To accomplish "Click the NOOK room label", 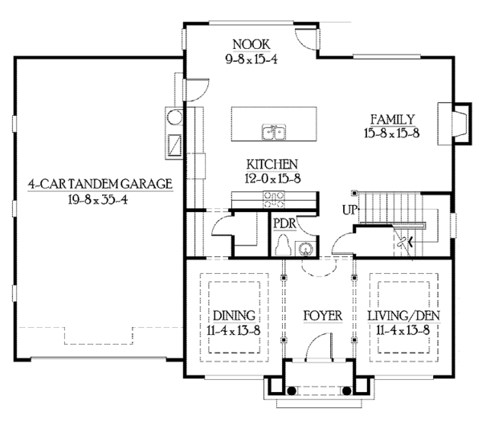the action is click(251, 44).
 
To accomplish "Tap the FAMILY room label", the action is click(393, 120).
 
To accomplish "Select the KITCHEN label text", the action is click(272, 165).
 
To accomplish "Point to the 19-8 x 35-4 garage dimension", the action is click(98, 200).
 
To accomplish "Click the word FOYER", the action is click(323, 316).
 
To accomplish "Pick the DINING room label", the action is click(235, 316).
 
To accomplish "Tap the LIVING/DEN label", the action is click(404, 316).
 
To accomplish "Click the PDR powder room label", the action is click(284, 223).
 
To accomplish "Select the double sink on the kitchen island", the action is click(274, 132).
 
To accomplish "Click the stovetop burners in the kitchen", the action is click(274, 199).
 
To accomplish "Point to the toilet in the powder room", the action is click(283, 245).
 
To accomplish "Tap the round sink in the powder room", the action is click(305, 248).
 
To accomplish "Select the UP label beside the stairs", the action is click(349, 210).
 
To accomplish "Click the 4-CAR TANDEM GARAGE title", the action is click(100, 184).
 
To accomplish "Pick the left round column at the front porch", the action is click(292, 390).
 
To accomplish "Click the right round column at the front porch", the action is click(347, 390).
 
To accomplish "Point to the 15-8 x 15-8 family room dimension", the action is click(392, 133).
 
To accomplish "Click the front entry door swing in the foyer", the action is click(320, 345).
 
